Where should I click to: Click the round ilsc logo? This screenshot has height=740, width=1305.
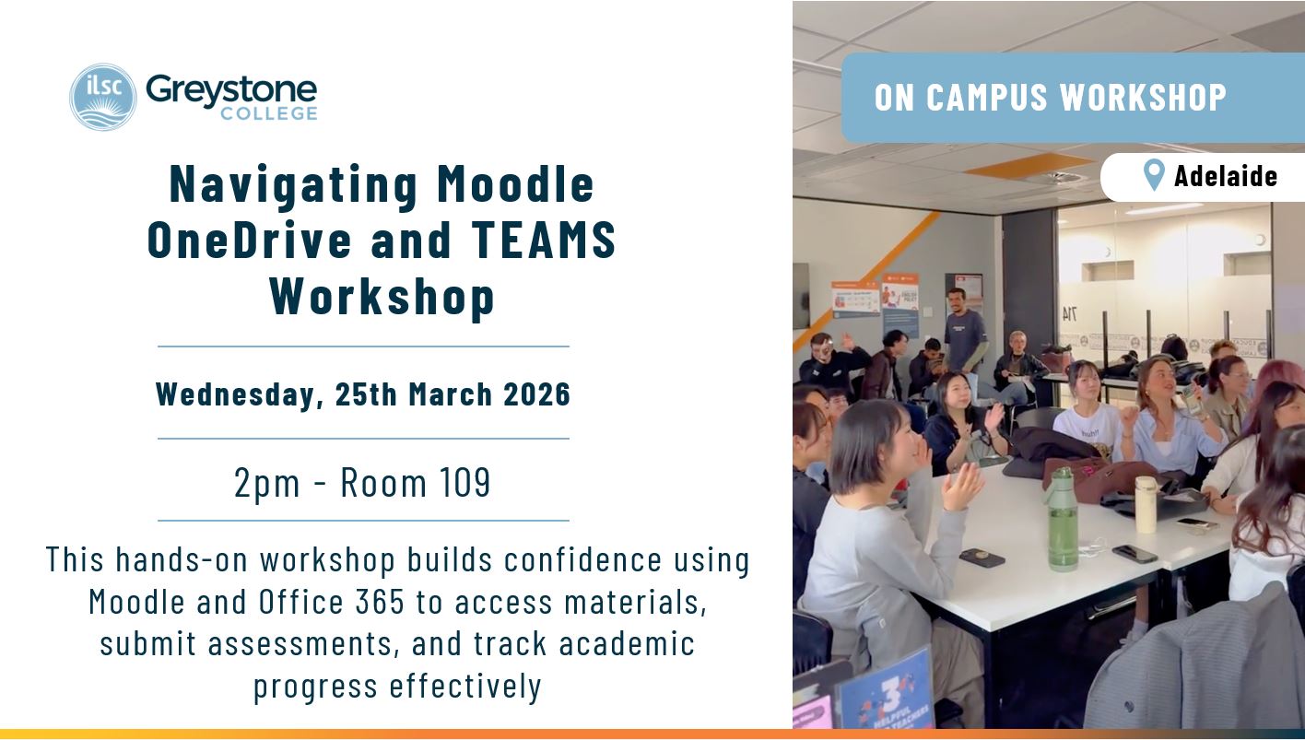click(x=103, y=97)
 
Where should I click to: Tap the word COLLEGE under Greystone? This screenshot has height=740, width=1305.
click(x=269, y=113)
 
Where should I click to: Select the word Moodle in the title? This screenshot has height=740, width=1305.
click(x=515, y=184)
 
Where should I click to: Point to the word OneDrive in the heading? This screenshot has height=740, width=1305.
click(x=251, y=240)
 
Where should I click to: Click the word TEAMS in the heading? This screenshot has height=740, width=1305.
click(x=544, y=240)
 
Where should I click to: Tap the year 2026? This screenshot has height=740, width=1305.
click(x=536, y=393)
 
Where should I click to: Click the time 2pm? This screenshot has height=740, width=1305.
click(x=267, y=483)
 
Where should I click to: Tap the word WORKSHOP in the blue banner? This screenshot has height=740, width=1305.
click(x=1144, y=97)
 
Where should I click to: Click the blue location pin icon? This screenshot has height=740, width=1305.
click(x=1154, y=175)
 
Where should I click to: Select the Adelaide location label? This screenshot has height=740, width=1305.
click(x=1226, y=176)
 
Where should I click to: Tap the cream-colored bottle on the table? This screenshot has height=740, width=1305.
click(x=1146, y=504)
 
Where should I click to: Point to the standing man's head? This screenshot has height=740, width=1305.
click(x=956, y=300)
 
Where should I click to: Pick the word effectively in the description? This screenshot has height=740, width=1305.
click(x=466, y=687)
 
